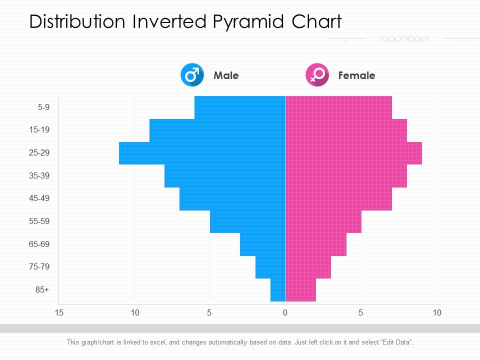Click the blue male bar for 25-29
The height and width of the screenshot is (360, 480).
click(202, 153)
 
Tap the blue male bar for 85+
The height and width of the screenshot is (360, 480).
click(278, 290)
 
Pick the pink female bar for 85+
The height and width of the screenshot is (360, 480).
click(300, 290)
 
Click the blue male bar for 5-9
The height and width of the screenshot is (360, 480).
click(240, 107)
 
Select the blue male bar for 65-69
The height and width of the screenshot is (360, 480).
click(262, 244)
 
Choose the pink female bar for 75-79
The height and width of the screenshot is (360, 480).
click(308, 267)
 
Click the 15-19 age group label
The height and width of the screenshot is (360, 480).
click(39, 130)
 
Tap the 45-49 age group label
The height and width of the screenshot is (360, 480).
click(39, 198)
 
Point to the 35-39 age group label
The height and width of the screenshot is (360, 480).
click(39, 176)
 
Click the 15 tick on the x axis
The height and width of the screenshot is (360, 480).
click(59, 313)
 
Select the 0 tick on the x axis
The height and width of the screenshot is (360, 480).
click(285, 313)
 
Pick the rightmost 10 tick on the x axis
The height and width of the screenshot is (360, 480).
click(437, 313)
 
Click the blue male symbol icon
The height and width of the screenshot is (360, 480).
click(192, 75)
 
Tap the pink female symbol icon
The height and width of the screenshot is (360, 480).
click(317, 75)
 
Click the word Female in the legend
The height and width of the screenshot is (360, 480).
click(356, 75)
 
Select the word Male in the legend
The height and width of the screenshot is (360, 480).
click(226, 75)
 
